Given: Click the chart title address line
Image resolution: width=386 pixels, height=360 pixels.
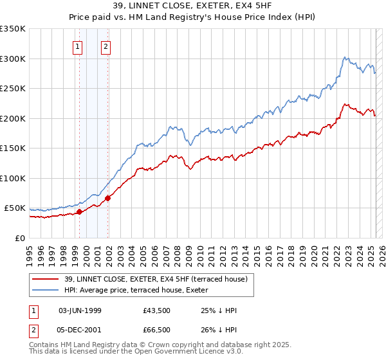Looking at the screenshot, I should tap(192, 6).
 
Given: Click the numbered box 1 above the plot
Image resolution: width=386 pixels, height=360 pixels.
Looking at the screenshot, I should tap(77, 46).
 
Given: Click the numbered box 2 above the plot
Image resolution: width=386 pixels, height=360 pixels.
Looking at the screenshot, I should tap(106, 46).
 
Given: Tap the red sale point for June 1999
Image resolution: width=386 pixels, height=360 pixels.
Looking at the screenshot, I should tap(79, 212).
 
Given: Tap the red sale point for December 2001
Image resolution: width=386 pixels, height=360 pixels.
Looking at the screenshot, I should tap(107, 198).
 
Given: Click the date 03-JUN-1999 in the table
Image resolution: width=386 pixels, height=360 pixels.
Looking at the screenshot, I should tap(80, 310).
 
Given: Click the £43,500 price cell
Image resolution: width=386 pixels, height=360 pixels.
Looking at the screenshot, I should tap(158, 310).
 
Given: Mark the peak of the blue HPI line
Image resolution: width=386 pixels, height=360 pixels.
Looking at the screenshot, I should tap(345, 57).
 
